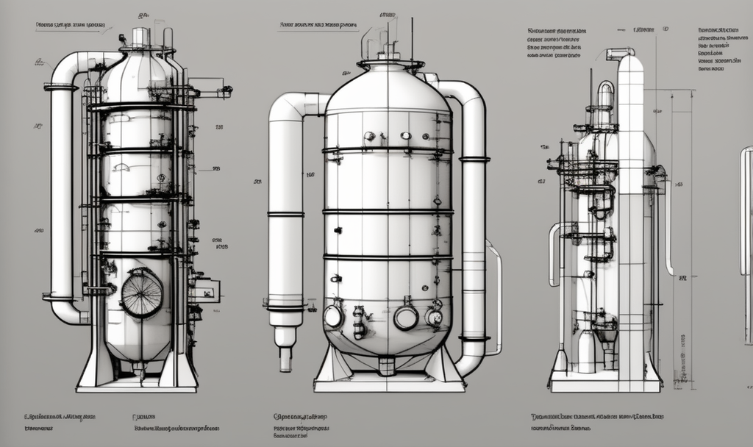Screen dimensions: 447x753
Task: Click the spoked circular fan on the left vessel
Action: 141,293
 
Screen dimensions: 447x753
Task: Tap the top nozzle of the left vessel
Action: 140,37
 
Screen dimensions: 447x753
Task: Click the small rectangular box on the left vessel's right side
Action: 205,290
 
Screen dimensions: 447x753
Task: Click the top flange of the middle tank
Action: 390,64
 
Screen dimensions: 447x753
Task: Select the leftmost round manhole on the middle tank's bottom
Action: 333,316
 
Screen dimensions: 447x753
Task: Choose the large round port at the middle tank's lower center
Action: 405,318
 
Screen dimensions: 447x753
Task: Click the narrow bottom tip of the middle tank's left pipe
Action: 285,360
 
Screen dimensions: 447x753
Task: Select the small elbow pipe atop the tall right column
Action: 621,52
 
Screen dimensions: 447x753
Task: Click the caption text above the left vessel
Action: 70,25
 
